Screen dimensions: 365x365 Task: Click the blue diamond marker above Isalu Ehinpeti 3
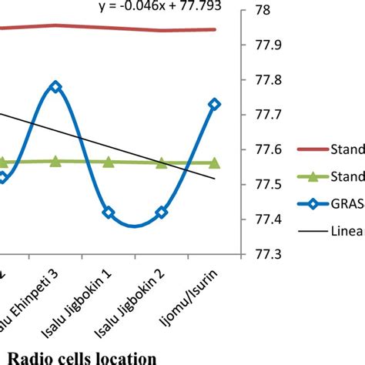(x=55, y=87)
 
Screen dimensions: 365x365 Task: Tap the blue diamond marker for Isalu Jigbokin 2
(x=161, y=212)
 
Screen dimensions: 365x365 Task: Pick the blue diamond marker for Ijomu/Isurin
(x=214, y=104)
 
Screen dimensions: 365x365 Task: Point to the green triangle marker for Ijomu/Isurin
(x=214, y=162)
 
